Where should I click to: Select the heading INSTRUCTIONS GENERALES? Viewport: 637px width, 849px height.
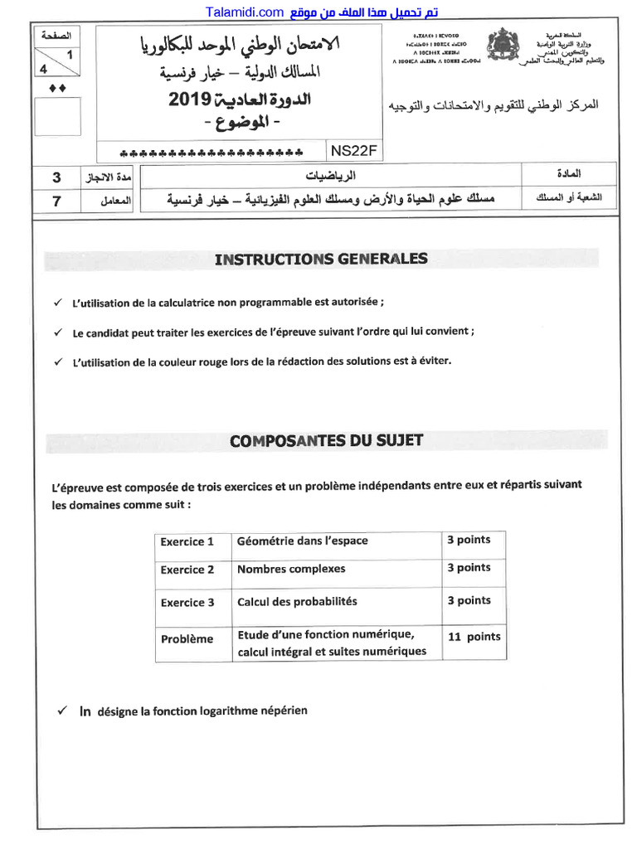coord(321,259)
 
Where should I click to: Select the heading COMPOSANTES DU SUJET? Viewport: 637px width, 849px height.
coord(326,440)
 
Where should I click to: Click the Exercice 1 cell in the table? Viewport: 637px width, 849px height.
coord(187,541)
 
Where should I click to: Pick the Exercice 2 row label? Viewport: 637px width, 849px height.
coord(187,570)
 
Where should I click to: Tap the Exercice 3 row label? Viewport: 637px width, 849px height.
coord(187,603)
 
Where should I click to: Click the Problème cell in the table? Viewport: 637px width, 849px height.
coord(187,638)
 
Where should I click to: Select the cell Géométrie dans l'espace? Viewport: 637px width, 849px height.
coord(302,541)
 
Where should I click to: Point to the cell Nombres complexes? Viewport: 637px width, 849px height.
coord(291,569)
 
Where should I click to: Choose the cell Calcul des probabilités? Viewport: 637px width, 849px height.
coord(297,601)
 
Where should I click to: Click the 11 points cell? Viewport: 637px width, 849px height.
coord(474,637)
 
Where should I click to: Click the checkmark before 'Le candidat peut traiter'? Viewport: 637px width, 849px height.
coord(58,332)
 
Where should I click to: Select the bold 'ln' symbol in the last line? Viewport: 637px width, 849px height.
coord(85,711)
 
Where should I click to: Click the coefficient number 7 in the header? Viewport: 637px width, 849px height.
coord(56,200)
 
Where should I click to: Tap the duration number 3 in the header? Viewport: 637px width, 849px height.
coord(56,177)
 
